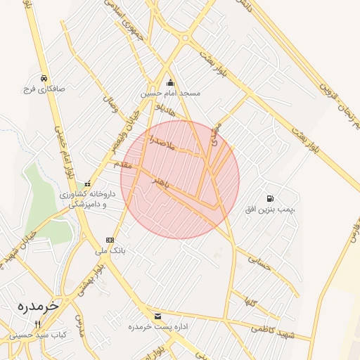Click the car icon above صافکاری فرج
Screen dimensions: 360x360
coord(44,78)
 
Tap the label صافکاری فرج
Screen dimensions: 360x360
coord(44,89)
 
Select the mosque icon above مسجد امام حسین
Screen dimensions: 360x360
coord(169,82)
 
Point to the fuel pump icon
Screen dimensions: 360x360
coord(271,198)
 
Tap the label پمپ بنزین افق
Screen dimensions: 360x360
coord(271,210)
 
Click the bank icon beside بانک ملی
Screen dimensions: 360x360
coord(109,239)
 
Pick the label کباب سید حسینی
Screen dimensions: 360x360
coord(39,335)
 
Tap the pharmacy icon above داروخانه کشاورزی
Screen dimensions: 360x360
coord(87,184)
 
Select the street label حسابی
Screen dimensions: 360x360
coord(260,263)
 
